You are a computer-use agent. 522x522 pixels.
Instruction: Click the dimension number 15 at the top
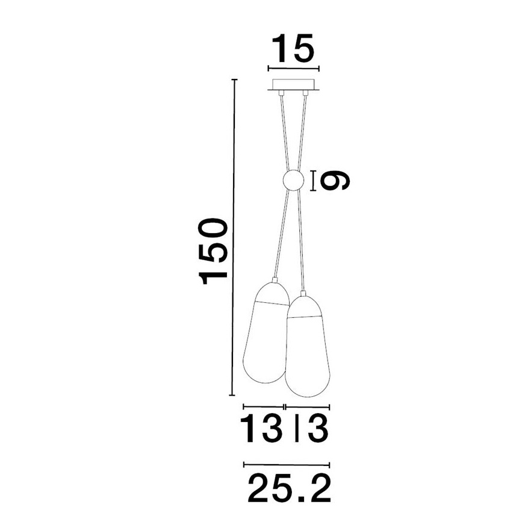click(x=293, y=49)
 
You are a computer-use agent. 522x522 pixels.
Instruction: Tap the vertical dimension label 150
click(x=214, y=250)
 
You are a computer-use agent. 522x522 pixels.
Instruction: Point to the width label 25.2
click(x=290, y=488)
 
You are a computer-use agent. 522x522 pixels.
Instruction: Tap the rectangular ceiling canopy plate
click(x=294, y=84)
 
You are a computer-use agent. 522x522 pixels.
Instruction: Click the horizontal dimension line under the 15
click(x=293, y=69)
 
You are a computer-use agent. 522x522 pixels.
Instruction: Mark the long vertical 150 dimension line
click(x=233, y=238)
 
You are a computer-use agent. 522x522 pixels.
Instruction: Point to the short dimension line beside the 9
click(x=314, y=180)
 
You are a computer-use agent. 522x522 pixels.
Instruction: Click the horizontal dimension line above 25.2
click(x=286, y=464)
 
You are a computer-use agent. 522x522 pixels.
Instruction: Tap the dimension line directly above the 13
click(x=263, y=407)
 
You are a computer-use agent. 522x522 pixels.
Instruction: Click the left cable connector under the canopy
click(x=281, y=93)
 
